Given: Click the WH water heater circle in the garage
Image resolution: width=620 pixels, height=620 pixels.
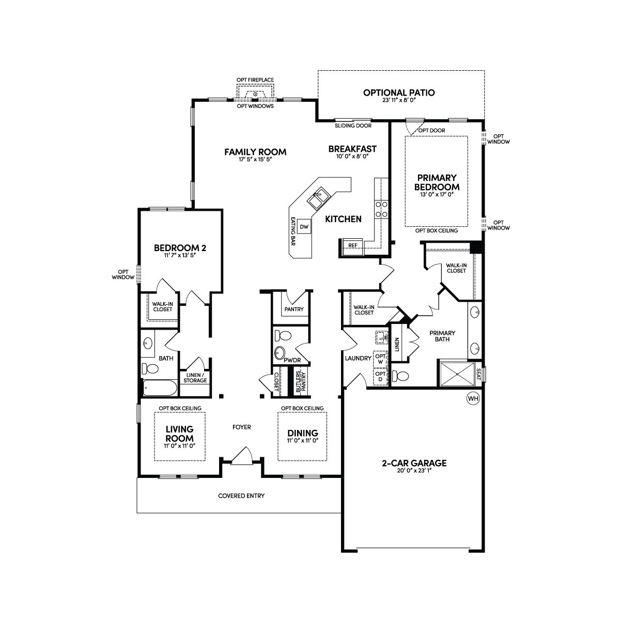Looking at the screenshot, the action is (x=473, y=399).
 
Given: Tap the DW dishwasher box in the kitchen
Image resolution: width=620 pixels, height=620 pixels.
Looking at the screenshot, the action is (x=304, y=226).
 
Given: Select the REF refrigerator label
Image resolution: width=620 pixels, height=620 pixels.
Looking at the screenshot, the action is (x=353, y=245).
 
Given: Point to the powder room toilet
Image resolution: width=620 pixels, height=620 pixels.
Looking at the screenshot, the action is (x=283, y=335).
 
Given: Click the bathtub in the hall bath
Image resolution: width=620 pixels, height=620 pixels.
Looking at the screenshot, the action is (x=160, y=388).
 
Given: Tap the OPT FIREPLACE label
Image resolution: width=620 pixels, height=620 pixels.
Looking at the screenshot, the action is (x=255, y=80).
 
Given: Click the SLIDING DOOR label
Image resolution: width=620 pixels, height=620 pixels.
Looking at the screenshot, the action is (x=353, y=126).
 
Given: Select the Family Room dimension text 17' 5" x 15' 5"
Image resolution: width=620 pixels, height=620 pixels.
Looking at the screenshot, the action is (x=255, y=159).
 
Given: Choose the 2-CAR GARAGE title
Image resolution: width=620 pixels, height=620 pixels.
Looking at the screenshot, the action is (x=414, y=463).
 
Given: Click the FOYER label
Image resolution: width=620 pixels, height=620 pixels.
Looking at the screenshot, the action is (x=242, y=427).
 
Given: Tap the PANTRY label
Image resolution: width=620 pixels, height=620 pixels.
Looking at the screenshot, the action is (x=294, y=309).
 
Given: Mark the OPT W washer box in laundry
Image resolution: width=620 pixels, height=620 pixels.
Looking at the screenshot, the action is (x=380, y=359).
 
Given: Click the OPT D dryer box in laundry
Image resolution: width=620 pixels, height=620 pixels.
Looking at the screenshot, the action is (x=380, y=377).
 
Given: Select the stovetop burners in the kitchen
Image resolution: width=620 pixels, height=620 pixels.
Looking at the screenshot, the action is (x=381, y=209).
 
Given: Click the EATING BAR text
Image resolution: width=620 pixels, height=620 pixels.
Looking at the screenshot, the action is (x=293, y=231).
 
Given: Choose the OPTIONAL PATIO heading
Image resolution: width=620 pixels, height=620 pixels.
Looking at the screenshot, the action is (x=399, y=92).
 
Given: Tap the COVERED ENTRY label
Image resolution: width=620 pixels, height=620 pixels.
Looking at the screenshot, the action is (x=241, y=496).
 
